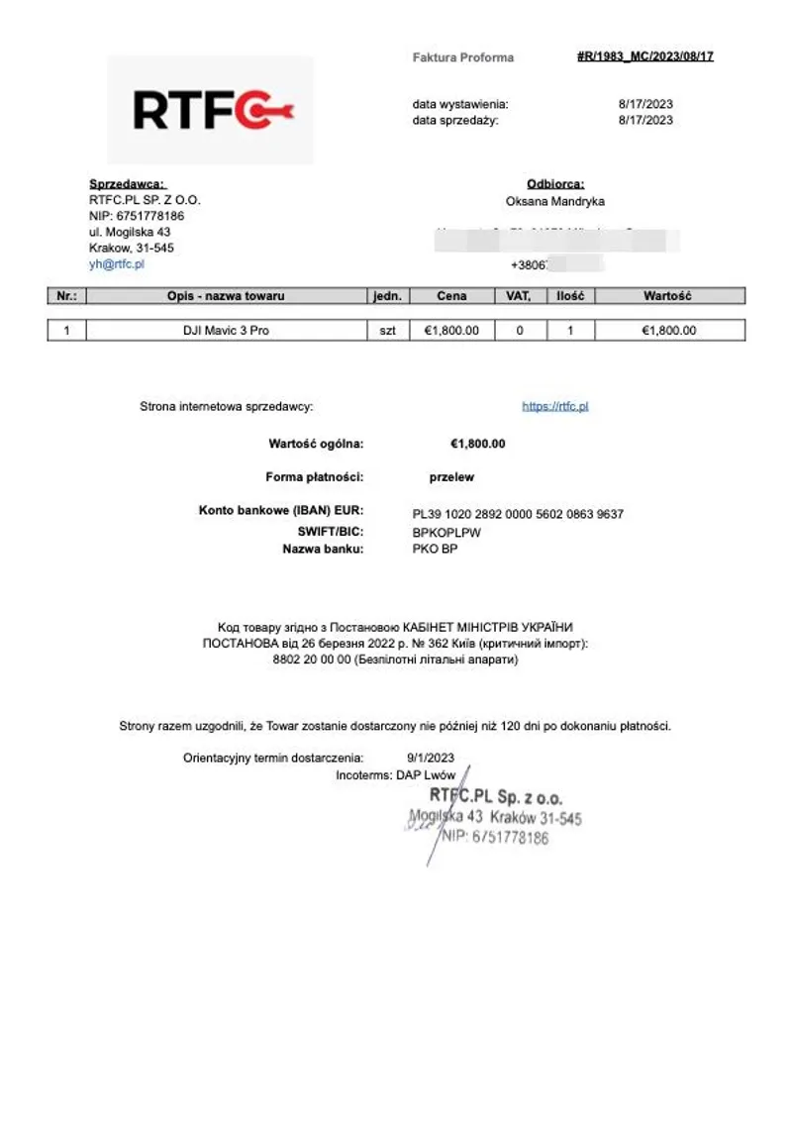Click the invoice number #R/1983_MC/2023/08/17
pos(644,56)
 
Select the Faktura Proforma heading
pos(462,57)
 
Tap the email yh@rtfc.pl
pos(117,264)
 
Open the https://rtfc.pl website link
pos(554,406)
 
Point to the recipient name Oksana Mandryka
pos(554,201)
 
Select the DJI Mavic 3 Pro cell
pos(226,331)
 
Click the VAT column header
pos(519,296)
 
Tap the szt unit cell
pos(387,331)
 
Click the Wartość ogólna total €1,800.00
pos(477,444)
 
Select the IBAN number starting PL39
pos(518,514)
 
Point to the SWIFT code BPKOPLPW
pos(446,532)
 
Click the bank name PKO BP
pos(435,549)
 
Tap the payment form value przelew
pos(451,477)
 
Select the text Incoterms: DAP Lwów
pos(396,775)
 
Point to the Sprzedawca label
pos(128,184)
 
